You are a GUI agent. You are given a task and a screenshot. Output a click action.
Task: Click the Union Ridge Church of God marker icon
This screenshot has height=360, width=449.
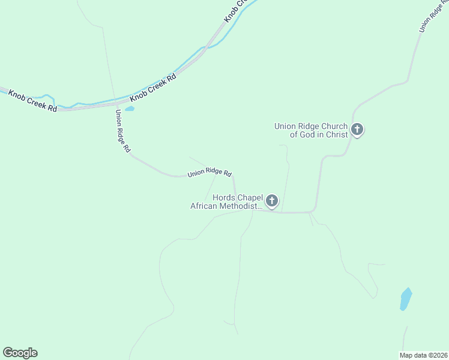(357, 129)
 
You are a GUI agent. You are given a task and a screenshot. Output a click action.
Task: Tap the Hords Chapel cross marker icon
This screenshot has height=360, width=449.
(272, 201)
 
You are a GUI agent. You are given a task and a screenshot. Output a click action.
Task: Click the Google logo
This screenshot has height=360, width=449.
(20, 353)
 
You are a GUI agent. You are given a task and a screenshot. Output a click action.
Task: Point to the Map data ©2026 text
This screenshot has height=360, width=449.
(424, 355)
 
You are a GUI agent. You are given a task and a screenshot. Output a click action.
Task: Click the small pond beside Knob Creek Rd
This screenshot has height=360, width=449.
(130, 109)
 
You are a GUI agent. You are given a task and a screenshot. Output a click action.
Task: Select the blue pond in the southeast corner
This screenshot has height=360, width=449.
(406, 299)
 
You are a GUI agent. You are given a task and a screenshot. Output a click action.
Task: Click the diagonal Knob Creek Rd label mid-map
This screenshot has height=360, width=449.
(154, 86)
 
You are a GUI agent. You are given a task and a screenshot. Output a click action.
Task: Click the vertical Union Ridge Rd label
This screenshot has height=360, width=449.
(123, 131)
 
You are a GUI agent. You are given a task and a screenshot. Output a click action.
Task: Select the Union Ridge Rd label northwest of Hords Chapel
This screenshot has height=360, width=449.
(209, 172)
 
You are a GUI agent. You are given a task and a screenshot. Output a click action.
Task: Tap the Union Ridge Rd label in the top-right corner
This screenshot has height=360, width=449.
(432, 16)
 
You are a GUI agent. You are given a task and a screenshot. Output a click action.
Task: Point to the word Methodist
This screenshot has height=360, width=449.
(244, 206)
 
